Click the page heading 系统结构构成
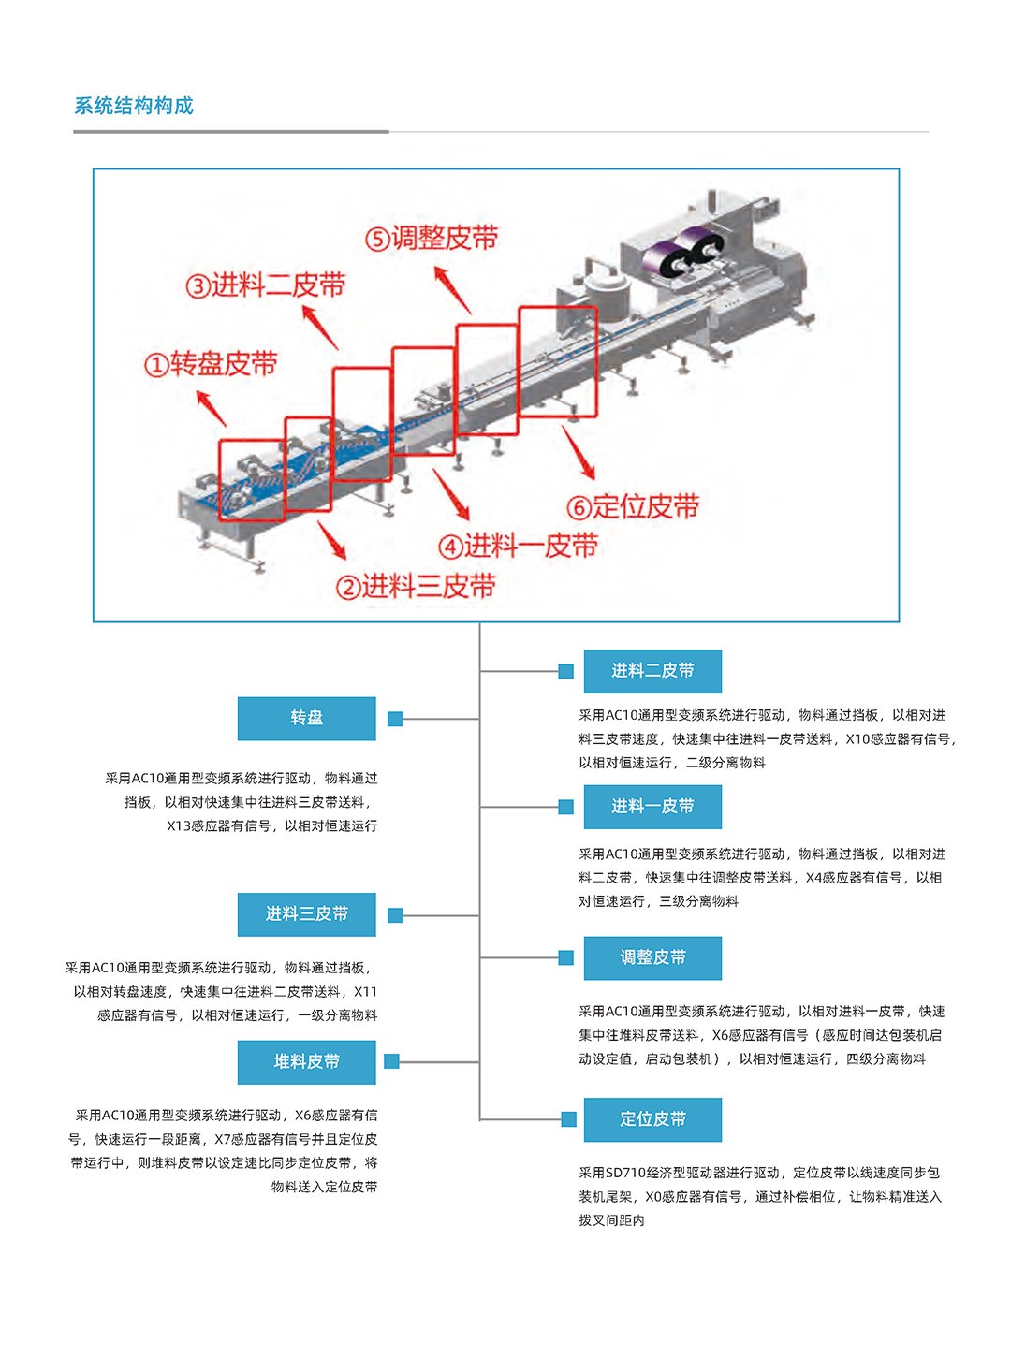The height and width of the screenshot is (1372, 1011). (134, 106)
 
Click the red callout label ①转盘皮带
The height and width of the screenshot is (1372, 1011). (211, 364)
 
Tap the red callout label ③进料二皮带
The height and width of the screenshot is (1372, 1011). (266, 285)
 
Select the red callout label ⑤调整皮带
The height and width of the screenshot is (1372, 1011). (432, 239)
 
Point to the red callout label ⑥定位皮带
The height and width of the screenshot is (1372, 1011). (633, 507)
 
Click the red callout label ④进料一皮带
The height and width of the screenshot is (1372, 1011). (518, 546)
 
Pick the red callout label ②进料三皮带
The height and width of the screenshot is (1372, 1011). (416, 587)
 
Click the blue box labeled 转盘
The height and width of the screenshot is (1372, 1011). (306, 718)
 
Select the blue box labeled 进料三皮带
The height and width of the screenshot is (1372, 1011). (306, 914)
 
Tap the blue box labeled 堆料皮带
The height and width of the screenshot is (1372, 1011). (306, 1061)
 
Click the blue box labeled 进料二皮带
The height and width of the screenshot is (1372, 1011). (652, 671)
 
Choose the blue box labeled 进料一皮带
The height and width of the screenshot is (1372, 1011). (652, 807)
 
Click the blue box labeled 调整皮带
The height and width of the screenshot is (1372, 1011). (652, 957)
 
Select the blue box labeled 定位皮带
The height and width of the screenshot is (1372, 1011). (652, 1119)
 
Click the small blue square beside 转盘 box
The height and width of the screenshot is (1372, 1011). (395, 719)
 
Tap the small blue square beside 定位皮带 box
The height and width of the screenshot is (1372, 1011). (568, 1119)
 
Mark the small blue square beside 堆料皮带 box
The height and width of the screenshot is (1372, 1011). (392, 1061)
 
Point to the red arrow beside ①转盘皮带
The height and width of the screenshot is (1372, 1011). (212, 409)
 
